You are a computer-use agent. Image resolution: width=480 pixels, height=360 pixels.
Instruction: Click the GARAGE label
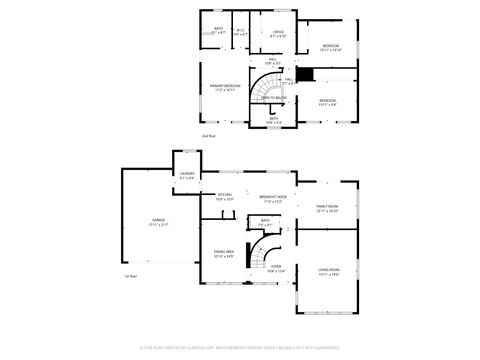pyautogui.click(x=159, y=223)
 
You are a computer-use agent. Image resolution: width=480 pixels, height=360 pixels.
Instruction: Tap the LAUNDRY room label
pyautogui.click(x=187, y=175)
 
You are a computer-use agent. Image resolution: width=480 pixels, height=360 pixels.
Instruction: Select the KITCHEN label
pyautogui.click(x=225, y=195)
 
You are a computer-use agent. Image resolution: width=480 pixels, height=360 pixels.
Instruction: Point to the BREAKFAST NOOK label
pyautogui.click(x=273, y=198)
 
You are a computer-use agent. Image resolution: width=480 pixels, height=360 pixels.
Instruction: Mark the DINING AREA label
pyautogui.click(x=224, y=253)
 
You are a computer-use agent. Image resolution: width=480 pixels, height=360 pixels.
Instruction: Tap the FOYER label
pyautogui.click(x=276, y=267)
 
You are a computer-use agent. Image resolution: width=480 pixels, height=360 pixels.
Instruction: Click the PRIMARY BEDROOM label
pyautogui.click(x=225, y=87)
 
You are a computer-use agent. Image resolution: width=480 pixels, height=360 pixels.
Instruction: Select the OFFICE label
pyautogui.click(x=278, y=33)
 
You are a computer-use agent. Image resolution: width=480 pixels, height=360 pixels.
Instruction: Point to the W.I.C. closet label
pyautogui.click(x=240, y=32)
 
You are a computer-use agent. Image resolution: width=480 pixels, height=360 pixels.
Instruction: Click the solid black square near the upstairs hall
pyautogui.click(x=309, y=74)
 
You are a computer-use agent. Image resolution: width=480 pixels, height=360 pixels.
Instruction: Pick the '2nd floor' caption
pyautogui.click(x=209, y=134)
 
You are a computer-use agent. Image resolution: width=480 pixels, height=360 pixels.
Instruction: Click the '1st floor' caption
pyautogui.click(x=130, y=276)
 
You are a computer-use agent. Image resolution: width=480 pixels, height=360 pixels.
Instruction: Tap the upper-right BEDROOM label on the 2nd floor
pyautogui.click(x=331, y=47)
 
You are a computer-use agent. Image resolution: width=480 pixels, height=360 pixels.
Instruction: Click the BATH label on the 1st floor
pyautogui.click(x=265, y=222)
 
